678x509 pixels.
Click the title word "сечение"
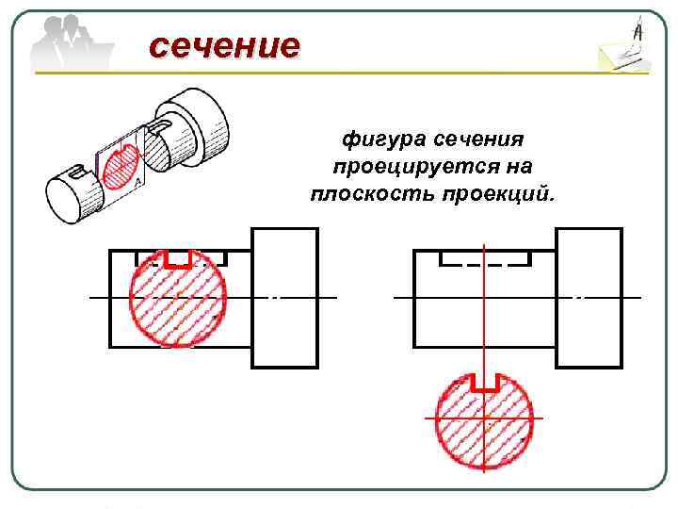click(x=224, y=44)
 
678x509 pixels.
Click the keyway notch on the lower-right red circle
click(x=483, y=382)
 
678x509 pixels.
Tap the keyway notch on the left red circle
click(x=176, y=259)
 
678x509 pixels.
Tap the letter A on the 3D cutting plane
click(x=137, y=181)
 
